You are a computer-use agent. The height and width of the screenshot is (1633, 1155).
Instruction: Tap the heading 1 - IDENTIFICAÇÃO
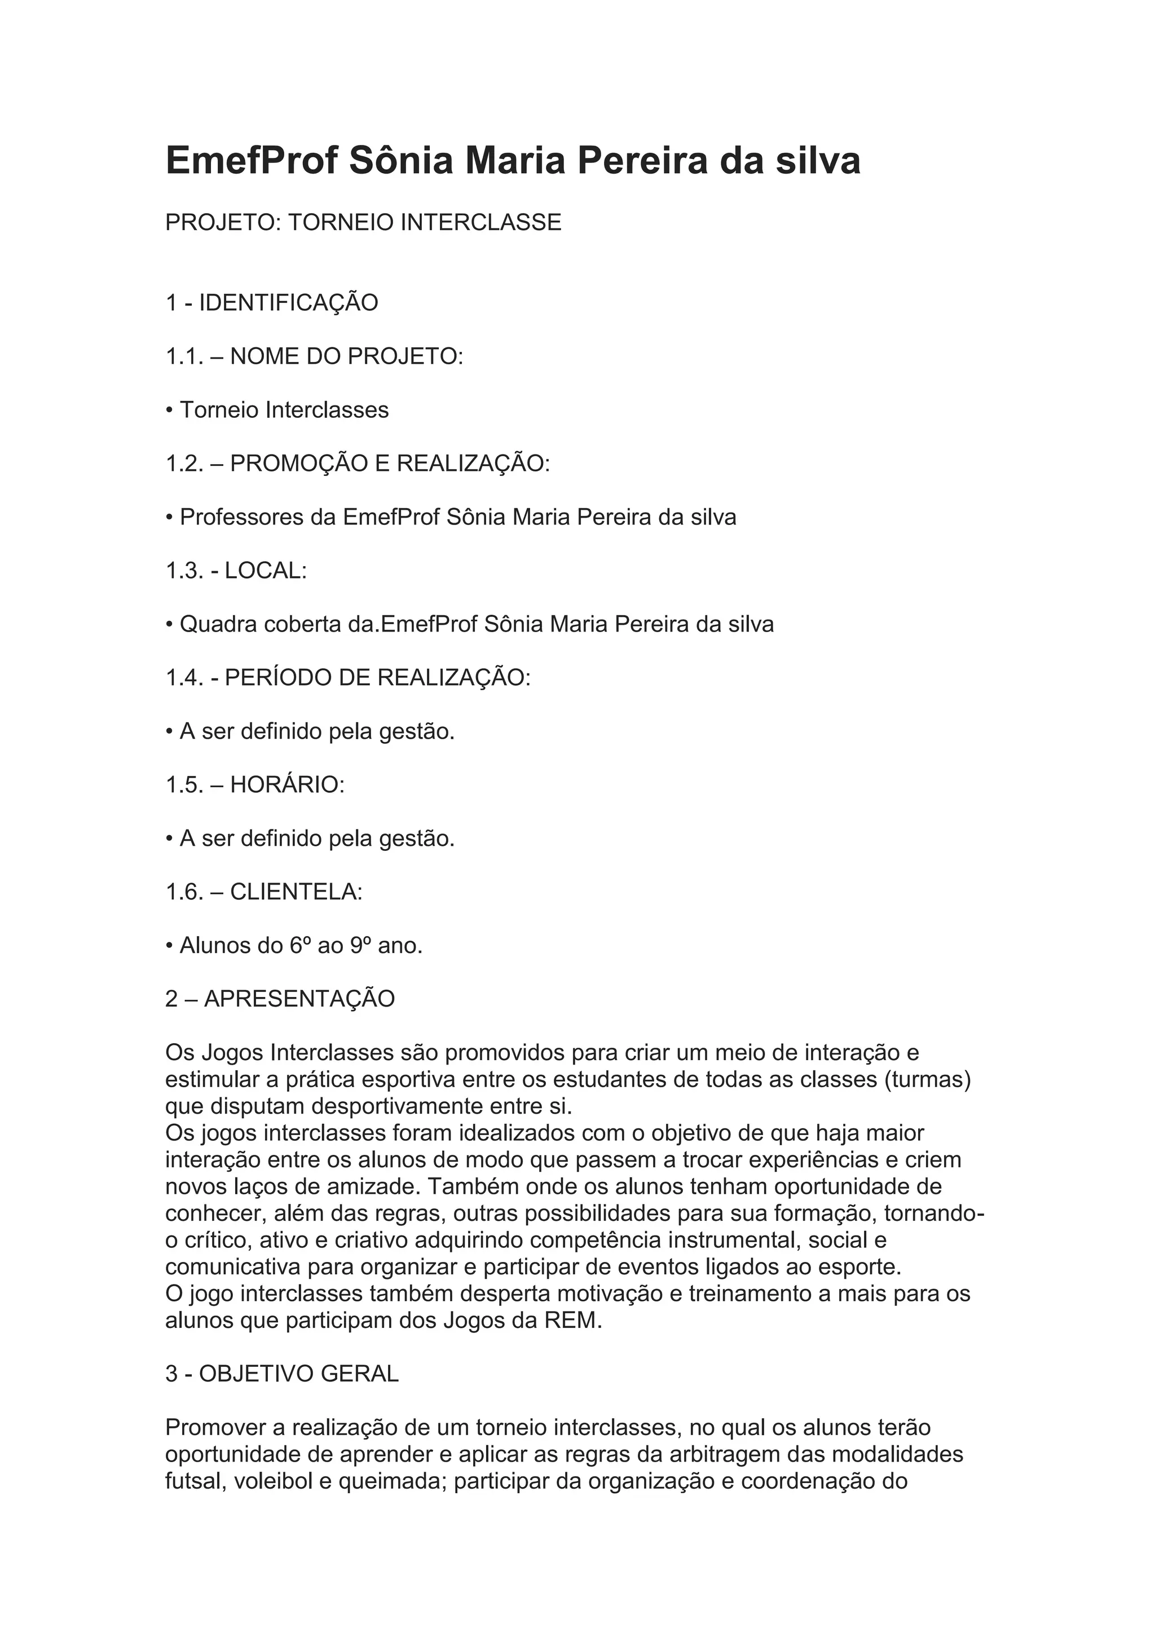[x=272, y=303]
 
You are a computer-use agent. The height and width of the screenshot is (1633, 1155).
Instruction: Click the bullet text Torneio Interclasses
[x=284, y=411]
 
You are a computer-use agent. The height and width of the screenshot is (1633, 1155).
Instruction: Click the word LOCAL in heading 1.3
[x=264, y=571]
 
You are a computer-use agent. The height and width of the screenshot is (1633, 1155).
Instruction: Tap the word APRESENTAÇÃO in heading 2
[x=299, y=999]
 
